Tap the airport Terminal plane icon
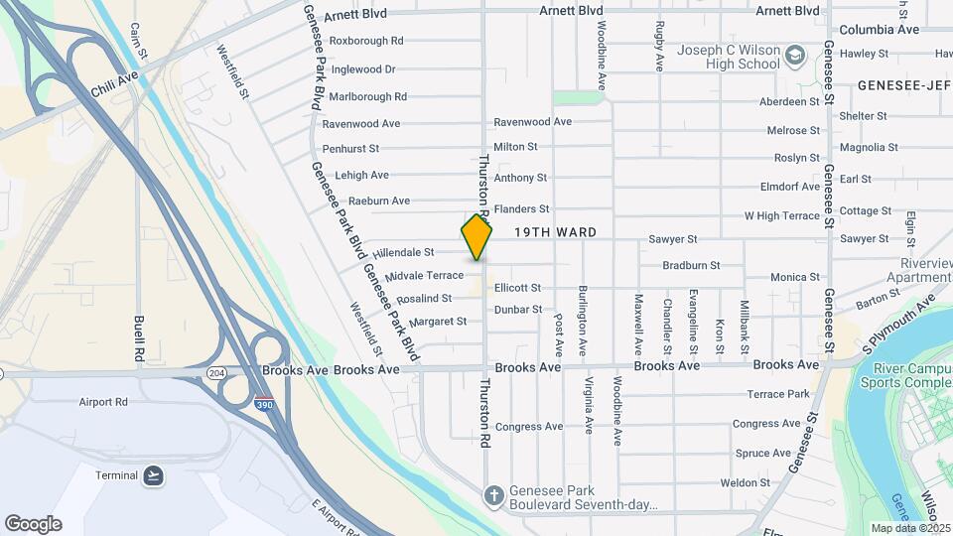click(152, 476)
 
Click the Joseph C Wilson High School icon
click(794, 54)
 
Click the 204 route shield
click(215, 371)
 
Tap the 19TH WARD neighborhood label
click(555, 232)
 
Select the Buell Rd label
click(139, 338)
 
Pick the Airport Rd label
click(103, 402)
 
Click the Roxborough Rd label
click(366, 41)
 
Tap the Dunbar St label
click(518, 310)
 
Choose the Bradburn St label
click(691, 265)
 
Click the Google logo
click(33, 524)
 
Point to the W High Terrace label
click(782, 215)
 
